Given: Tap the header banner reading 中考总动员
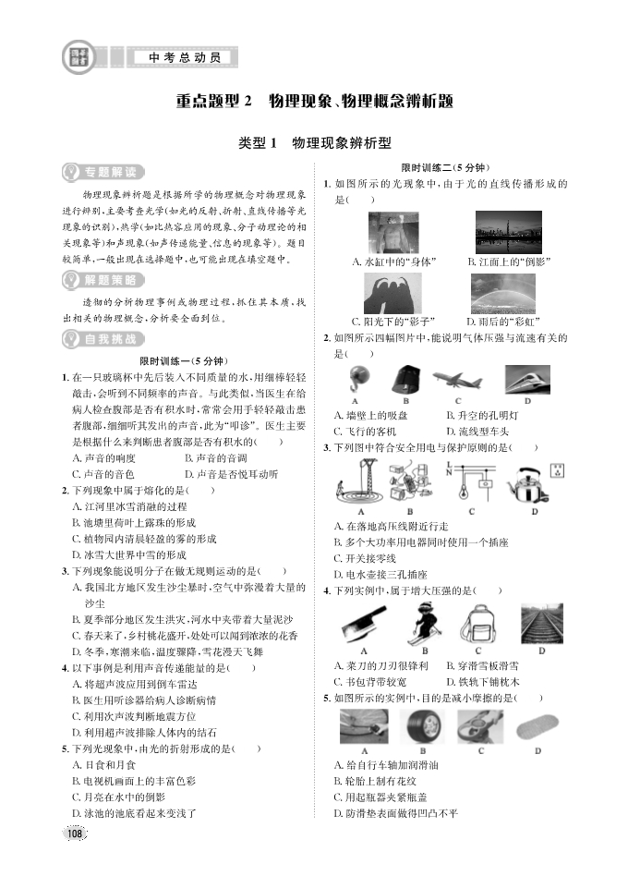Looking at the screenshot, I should pos(185,57).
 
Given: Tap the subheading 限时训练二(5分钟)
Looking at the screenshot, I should pos(442,167).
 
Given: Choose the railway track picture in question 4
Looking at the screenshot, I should pos(540,623).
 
